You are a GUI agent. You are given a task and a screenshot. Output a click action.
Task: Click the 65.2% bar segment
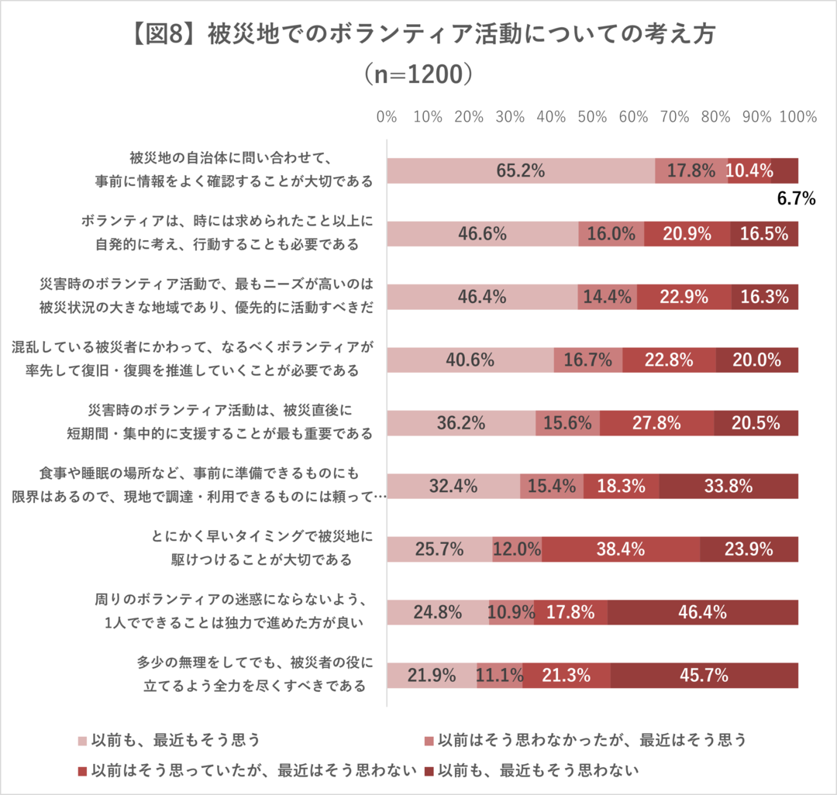(x=521, y=170)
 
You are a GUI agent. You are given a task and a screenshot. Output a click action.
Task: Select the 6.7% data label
(x=796, y=199)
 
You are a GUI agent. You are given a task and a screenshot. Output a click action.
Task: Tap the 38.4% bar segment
(x=621, y=549)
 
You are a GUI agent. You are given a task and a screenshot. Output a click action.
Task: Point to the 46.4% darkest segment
(x=702, y=612)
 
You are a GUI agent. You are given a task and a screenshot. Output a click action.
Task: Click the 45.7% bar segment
(x=704, y=675)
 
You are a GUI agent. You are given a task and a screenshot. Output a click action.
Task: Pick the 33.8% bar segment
(x=728, y=487)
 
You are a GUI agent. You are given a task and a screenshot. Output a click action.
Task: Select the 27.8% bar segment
(x=656, y=423)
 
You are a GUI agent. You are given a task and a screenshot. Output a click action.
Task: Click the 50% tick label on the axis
(x=592, y=117)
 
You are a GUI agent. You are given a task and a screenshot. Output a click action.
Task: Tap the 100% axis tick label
(x=798, y=117)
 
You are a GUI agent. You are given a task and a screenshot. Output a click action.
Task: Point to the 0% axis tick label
(x=387, y=117)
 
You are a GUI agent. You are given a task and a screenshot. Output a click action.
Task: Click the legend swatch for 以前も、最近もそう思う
(x=82, y=741)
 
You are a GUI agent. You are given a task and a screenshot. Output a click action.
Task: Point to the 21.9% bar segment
(x=432, y=675)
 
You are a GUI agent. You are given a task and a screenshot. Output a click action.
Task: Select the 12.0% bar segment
(x=517, y=549)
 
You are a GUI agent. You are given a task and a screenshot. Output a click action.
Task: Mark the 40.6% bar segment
(x=470, y=360)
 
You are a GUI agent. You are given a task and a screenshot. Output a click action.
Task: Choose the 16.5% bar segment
(x=764, y=233)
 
